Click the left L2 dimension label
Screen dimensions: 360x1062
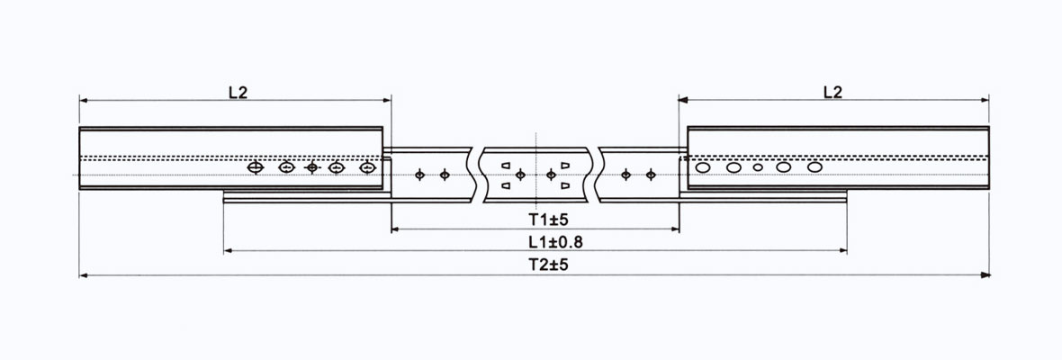238,91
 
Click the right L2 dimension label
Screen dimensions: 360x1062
832,91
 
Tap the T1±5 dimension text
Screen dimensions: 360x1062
535,219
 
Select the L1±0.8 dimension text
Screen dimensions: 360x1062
535,241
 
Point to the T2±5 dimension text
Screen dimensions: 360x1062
535,265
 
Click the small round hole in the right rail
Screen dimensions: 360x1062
758,167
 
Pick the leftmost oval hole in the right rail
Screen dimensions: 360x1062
703,166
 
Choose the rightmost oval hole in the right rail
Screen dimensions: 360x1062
814,166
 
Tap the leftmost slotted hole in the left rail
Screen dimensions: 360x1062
256,167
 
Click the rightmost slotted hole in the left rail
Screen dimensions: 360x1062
366,167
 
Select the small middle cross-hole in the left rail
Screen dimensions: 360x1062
312,167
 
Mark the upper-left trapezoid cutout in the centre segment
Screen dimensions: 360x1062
506,165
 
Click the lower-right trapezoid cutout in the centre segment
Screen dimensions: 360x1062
564,184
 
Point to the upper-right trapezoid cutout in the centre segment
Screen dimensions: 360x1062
564,165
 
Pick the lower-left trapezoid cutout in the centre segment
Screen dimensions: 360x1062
506,184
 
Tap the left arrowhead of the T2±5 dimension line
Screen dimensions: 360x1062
84,274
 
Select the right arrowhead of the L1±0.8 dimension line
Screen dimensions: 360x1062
843,251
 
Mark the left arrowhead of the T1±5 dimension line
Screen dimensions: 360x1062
395,229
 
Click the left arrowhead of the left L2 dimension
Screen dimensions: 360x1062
83,99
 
